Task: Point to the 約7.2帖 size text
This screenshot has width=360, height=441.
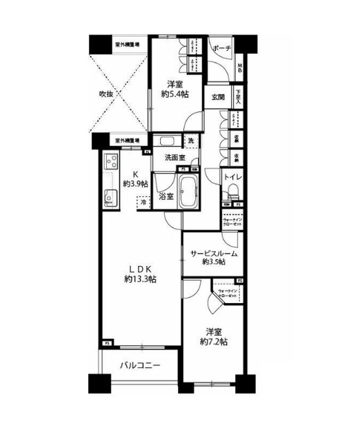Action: tap(210, 341)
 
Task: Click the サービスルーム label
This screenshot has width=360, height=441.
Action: tap(214, 253)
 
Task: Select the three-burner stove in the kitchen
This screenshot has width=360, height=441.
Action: tap(112, 163)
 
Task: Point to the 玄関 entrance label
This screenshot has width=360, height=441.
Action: tap(218, 98)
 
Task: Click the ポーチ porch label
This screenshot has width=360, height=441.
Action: tap(221, 49)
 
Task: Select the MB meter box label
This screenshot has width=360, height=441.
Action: tap(240, 68)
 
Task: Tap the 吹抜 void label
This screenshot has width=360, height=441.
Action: tap(107, 94)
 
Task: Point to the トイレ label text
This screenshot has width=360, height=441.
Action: tap(231, 178)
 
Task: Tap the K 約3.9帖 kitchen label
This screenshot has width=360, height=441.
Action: tap(135, 179)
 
